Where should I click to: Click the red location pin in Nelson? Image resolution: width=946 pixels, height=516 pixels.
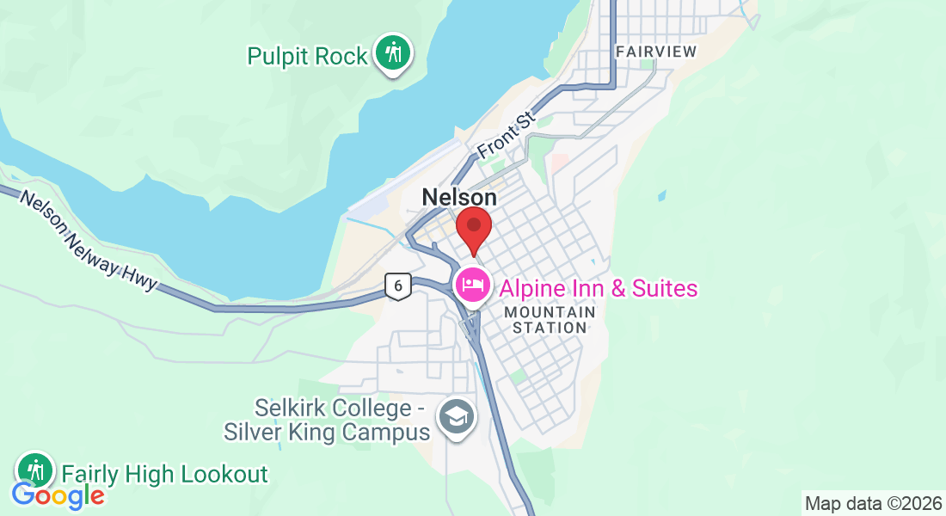point(473,228)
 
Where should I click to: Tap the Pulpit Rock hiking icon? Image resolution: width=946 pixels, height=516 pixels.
point(393,53)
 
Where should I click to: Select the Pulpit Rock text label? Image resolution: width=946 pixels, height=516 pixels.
point(307,57)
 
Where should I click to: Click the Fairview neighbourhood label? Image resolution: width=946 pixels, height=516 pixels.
point(656,52)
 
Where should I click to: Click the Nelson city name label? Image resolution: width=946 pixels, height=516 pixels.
point(459,198)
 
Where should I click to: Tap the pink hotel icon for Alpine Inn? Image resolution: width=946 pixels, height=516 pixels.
point(472,285)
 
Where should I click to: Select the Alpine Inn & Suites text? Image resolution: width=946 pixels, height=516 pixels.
point(598,288)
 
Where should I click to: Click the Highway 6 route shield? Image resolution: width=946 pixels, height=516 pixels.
point(396,286)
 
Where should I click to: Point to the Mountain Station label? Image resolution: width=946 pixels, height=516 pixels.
point(550,319)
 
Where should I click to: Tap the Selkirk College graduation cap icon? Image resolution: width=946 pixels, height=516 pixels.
point(456,417)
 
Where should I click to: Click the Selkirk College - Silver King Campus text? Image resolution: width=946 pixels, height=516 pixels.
point(327,419)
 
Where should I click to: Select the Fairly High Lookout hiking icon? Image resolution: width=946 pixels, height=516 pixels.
point(35,470)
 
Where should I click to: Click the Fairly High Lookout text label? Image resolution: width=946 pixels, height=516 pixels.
point(164,474)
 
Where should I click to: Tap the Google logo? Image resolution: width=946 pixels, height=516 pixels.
point(58,495)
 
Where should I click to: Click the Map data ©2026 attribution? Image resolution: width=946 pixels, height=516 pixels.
point(872,503)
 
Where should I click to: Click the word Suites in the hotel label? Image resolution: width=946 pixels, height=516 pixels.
point(662,288)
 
